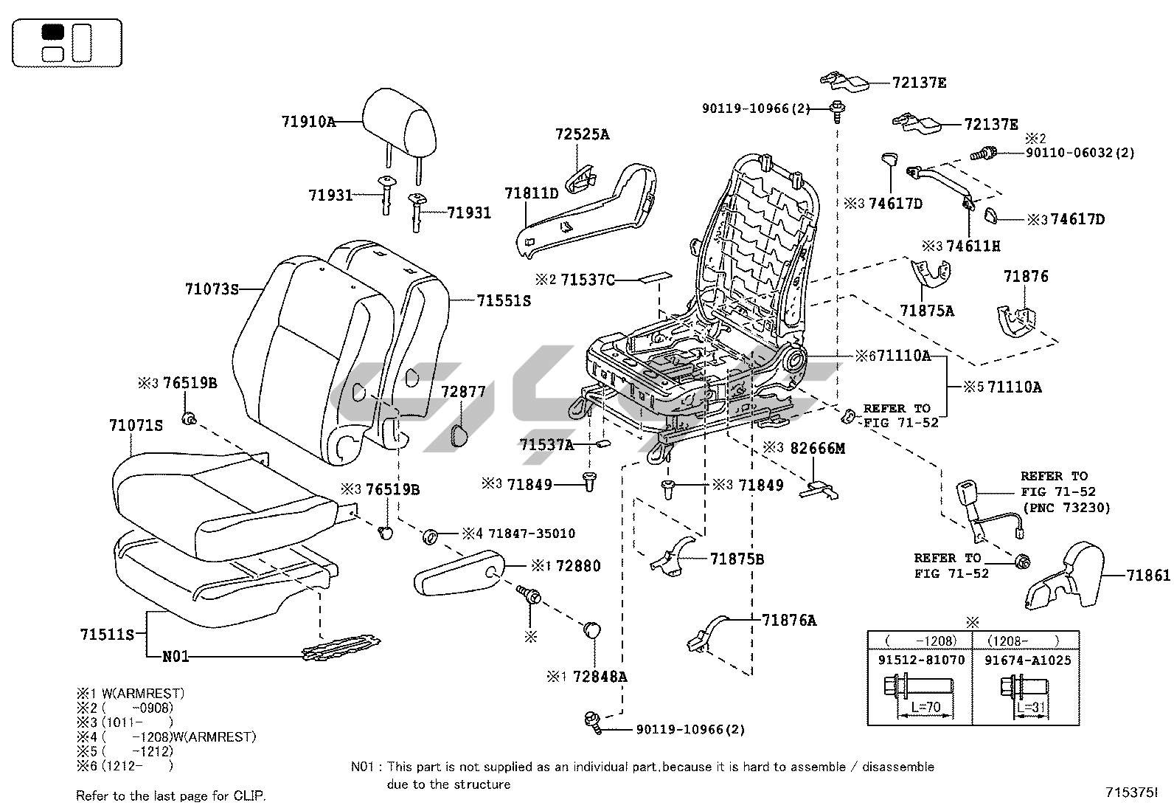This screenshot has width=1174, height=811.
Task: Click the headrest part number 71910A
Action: click(x=308, y=122)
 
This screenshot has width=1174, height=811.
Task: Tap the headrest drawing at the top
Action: click(x=398, y=122)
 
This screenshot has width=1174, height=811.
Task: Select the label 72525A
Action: click(x=582, y=134)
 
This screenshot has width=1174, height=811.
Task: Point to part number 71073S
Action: click(x=212, y=289)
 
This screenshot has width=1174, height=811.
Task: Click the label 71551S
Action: click(x=503, y=301)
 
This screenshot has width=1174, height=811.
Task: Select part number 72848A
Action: click(x=600, y=676)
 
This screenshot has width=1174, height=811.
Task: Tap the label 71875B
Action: click(x=737, y=559)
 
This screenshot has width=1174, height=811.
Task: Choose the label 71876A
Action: click(x=789, y=621)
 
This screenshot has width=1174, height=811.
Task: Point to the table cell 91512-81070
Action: click(x=920, y=660)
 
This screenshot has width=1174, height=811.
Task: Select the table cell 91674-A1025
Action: click(x=1027, y=660)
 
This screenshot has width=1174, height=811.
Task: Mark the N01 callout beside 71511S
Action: click(x=176, y=656)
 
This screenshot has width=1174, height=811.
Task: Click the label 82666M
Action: click(x=817, y=448)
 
